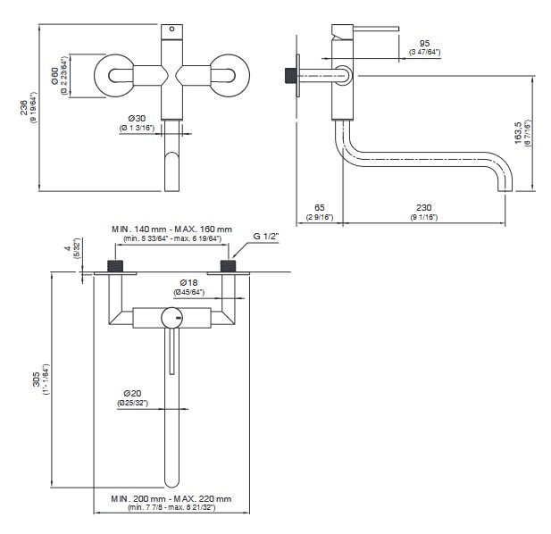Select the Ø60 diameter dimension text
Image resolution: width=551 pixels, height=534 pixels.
tap(55, 78)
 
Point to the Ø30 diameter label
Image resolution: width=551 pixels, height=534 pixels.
tap(137, 118)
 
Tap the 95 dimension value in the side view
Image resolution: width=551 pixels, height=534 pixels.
tap(424, 42)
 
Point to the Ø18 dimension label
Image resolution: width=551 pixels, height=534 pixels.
tap(187, 282)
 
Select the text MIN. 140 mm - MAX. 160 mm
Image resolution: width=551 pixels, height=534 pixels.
tap(171, 229)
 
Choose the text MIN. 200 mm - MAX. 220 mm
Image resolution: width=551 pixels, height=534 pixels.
tap(171, 498)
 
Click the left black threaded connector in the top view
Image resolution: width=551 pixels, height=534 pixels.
tap(113, 265)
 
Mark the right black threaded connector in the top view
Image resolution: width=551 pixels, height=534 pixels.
tap(228, 265)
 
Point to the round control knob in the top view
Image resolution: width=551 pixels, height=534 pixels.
tap(171, 317)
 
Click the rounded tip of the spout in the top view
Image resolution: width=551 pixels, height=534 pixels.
tap(171, 480)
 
